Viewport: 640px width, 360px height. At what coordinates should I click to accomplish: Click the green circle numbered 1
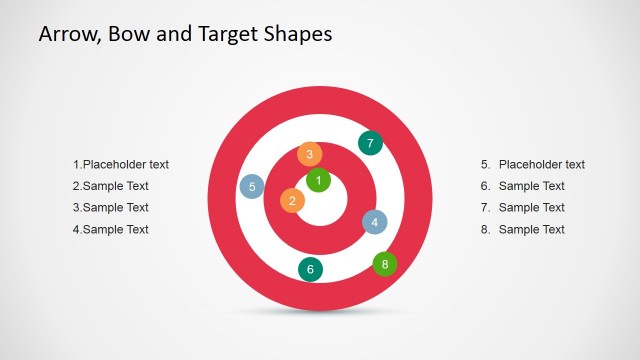318,180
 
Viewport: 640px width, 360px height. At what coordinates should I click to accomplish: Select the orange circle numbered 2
292,201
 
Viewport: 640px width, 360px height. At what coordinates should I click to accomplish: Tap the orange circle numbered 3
310,154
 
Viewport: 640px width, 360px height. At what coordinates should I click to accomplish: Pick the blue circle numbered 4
374,222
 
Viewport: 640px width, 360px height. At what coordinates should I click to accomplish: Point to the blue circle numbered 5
252,186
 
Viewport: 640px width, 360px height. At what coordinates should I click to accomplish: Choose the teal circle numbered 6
310,269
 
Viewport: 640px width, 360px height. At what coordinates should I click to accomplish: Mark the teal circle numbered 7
370,143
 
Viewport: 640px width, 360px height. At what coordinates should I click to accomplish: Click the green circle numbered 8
385,264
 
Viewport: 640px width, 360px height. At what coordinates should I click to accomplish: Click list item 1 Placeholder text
121,164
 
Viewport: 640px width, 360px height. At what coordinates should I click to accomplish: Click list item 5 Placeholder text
533,164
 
